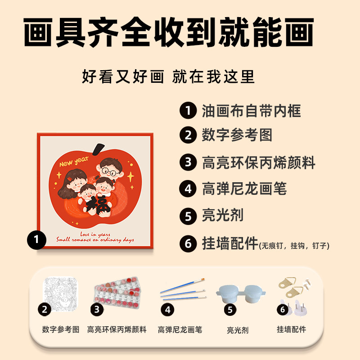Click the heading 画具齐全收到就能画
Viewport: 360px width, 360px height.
click(168, 33)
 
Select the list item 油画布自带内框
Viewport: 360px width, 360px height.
click(251, 110)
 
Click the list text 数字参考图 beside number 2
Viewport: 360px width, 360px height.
click(237, 135)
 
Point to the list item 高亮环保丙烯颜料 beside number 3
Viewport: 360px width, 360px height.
click(258, 162)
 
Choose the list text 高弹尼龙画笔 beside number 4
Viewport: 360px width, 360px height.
click(244, 189)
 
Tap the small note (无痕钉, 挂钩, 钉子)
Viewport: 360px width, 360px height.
click(294, 246)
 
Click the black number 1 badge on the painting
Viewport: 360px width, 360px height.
click(36, 240)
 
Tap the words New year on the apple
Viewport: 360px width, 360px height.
click(73, 163)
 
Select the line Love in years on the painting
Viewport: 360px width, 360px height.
click(95, 234)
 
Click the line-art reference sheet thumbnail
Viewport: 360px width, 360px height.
click(60, 292)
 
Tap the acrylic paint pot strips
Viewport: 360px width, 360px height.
click(118, 293)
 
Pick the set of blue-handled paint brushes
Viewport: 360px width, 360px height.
click(182, 290)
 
